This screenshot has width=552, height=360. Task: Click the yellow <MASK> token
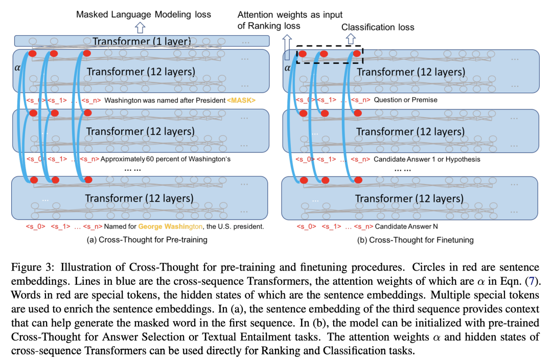click(241, 100)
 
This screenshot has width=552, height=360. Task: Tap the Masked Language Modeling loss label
click(144, 14)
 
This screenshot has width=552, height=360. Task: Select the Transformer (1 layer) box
click(142, 41)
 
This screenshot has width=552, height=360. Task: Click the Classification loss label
click(378, 27)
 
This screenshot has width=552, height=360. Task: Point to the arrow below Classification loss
click(351, 38)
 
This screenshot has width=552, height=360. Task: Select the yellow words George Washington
click(167, 226)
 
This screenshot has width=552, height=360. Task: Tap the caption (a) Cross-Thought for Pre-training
click(142, 239)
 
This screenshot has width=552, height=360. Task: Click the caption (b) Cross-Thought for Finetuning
click(414, 239)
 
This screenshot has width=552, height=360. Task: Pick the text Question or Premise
click(405, 100)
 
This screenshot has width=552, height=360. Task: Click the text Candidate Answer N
click(407, 226)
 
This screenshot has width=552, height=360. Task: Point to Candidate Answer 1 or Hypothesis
click(427, 159)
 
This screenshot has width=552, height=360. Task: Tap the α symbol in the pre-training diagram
click(17, 67)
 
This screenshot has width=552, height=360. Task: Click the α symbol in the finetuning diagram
click(287, 67)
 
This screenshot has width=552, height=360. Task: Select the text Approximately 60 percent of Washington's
click(166, 159)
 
